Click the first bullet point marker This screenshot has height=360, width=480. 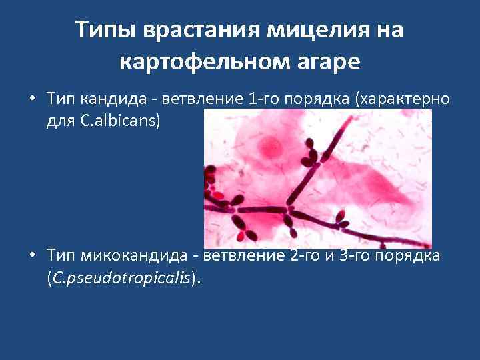pyautogui.click(x=33, y=99)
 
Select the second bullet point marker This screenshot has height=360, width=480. pyautogui.click(x=33, y=255)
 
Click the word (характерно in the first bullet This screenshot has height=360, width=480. pyautogui.click(x=403, y=99)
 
